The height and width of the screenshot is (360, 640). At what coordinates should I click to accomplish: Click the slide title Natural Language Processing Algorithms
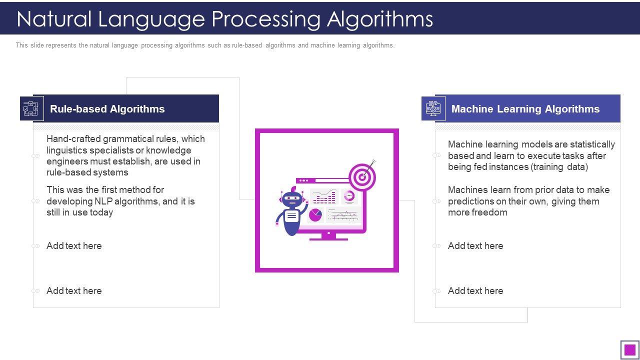click(x=224, y=19)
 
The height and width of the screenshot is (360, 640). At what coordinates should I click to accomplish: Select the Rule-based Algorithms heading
click(x=107, y=109)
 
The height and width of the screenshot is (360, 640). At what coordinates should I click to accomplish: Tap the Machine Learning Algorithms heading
click(x=525, y=109)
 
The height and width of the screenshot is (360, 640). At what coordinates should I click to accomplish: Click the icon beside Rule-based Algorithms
click(x=31, y=108)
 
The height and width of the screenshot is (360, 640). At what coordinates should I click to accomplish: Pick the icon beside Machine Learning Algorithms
click(x=433, y=108)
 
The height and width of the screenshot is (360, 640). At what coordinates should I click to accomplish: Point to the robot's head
click(x=291, y=199)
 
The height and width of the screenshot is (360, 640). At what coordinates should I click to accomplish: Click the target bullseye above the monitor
click(x=362, y=176)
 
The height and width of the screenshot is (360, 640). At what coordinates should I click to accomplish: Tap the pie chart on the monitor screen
click(x=315, y=215)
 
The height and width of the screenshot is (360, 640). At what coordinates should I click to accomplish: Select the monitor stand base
click(x=328, y=238)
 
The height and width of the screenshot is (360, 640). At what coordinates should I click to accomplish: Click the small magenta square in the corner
click(x=630, y=349)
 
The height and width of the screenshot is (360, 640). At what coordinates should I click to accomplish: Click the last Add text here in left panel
click(x=74, y=291)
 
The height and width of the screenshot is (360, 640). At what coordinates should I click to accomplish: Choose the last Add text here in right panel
click(x=475, y=291)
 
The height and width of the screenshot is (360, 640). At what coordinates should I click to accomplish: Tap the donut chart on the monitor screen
click(x=349, y=195)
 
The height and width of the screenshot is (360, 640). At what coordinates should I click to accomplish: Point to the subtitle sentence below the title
click(x=205, y=45)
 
